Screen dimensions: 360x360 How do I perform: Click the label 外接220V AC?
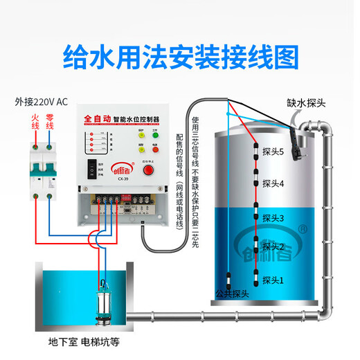click(x=42, y=102)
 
